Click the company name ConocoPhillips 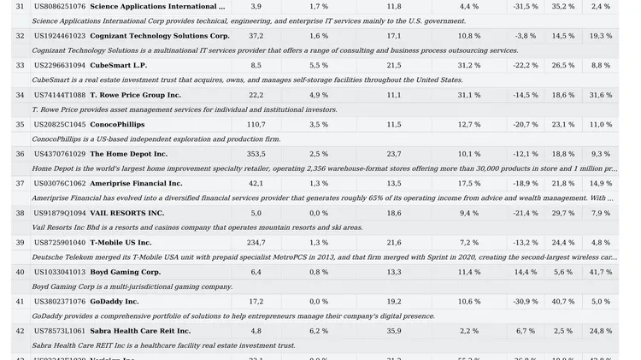pyautogui.click(x=117, y=125)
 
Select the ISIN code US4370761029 pyautogui.click(x=60, y=154)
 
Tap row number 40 pyautogui.click(x=20, y=272)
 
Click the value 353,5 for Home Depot pyautogui.click(x=256, y=154)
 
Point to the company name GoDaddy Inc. pyautogui.click(x=114, y=302)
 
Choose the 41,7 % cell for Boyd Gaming pyautogui.click(x=601, y=272)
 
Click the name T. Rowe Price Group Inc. pyautogui.click(x=135, y=95)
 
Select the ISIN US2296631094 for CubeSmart pyautogui.click(x=60, y=66)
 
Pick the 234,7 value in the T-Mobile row pyautogui.click(x=256, y=243)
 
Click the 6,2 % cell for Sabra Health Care pyautogui.click(x=319, y=331)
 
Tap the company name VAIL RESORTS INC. pyautogui.click(x=126, y=213)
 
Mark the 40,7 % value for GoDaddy pyautogui.click(x=563, y=302)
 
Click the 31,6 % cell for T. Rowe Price pyautogui.click(x=601, y=95)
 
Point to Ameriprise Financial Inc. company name pyautogui.click(x=136, y=184)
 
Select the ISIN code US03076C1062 pyautogui.click(x=60, y=184)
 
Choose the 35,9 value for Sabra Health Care pyautogui.click(x=394, y=331)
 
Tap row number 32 pyautogui.click(x=20, y=37)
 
